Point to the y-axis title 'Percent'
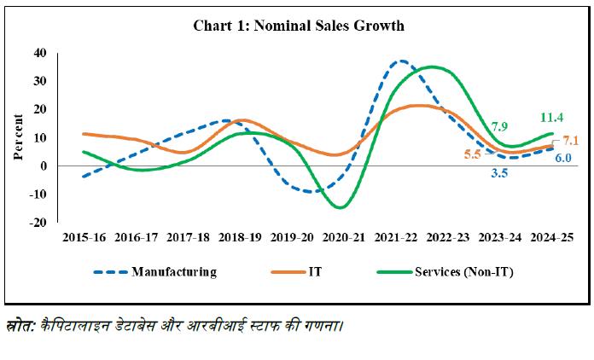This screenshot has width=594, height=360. [18, 136]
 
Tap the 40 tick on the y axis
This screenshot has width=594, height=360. [39, 53]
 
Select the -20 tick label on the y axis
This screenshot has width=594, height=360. [37, 223]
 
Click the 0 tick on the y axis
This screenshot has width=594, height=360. [43, 166]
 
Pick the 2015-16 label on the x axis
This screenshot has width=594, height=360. [84, 238]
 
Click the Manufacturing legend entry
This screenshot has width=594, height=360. [173, 272]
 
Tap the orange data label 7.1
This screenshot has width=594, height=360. [571, 141]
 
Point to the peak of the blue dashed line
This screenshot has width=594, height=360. [401, 61]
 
